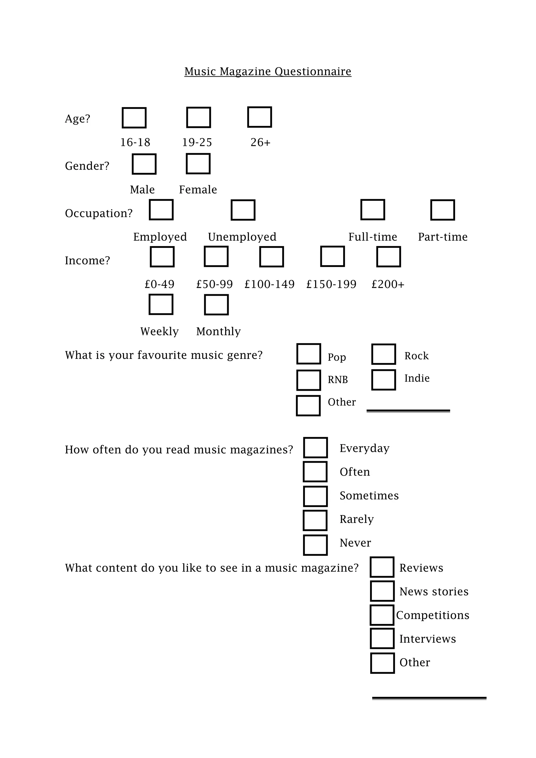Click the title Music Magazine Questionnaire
(268, 71)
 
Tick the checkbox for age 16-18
(134, 118)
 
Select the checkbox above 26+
(259, 117)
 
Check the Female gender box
(198, 164)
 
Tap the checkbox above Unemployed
(243, 210)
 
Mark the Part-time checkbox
(443, 210)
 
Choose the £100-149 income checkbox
(271, 257)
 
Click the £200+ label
(388, 284)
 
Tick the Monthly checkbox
(216, 305)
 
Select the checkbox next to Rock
(383, 354)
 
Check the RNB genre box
(309, 380)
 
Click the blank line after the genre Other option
(408, 411)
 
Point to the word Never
(355, 543)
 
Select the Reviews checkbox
(382, 567)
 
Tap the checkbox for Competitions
(382, 615)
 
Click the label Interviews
(427, 639)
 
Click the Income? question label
(87, 260)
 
